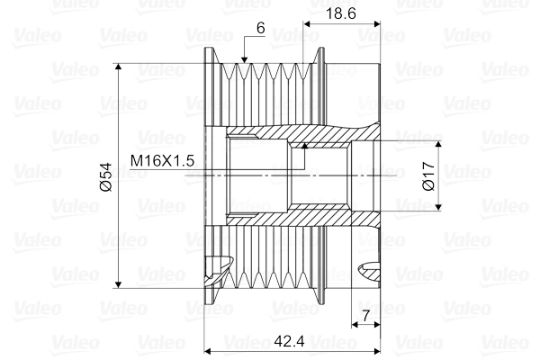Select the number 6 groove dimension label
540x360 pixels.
[260, 28]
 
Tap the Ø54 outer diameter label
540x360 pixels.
[104, 176]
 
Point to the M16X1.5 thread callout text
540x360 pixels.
[162, 160]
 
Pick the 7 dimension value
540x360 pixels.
[365, 314]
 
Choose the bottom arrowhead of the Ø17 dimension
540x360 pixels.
[438, 208]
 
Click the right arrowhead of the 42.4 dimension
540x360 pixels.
[373, 348]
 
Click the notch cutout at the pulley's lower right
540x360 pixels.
[371, 266]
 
